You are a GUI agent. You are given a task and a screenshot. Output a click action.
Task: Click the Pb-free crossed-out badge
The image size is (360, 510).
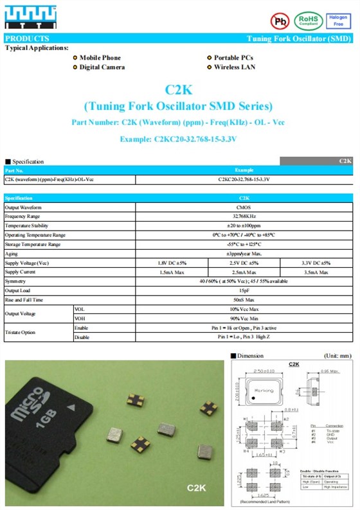[x=279, y=21]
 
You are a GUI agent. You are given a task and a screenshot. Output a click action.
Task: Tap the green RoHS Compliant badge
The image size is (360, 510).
[x=309, y=21]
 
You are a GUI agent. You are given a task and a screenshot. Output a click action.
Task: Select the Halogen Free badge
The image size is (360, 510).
[x=339, y=21]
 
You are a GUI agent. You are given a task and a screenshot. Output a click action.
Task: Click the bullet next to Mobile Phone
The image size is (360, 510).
[x=75, y=58]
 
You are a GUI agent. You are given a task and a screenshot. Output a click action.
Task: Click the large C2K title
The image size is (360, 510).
[x=178, y=90]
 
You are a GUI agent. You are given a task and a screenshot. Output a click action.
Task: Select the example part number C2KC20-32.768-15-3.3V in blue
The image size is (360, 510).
[x=178, y=138]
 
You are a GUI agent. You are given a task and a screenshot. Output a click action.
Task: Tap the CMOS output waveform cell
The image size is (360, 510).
[x=244, y=208]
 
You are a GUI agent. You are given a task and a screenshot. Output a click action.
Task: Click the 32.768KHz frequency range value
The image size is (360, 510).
[x=244, y=217]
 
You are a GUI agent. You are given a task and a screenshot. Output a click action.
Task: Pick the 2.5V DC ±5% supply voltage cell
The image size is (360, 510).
[x=244, y=263]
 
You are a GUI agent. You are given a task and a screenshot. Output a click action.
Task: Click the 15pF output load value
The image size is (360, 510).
[x=244, y=291]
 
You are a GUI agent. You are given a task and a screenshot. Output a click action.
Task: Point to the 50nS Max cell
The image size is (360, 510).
[x=244, y=300]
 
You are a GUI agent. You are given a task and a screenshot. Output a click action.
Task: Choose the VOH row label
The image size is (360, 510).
[x=80, y=319]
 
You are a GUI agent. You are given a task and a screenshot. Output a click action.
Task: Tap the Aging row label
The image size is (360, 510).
[x=12, y=254]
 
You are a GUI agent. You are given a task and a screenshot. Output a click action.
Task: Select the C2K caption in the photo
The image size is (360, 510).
[x=196, y=488]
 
